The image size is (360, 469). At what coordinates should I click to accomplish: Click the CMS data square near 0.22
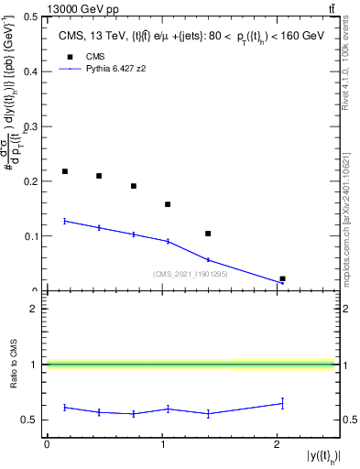pos(65,171)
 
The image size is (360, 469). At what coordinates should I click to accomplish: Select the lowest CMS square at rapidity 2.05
pos(282,278)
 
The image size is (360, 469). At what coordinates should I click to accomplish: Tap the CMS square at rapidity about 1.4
pos(208,234)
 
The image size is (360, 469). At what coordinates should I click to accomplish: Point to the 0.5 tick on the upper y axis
pos(33,16)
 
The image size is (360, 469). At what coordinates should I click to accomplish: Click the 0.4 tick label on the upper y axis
pos(33,71)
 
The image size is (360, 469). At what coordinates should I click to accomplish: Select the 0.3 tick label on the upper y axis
pos(33,126)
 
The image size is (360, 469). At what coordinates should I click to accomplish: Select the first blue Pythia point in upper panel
pos(65,221)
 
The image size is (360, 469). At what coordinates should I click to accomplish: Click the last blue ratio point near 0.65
pos(282,403)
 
